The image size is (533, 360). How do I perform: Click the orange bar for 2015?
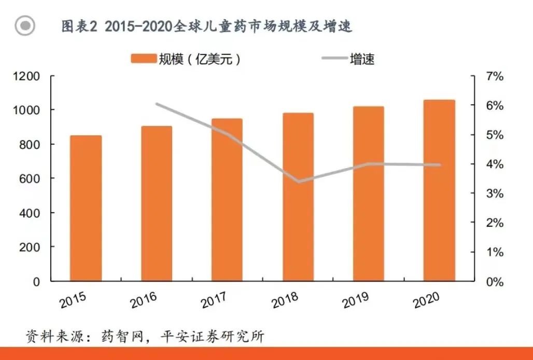click(x=86, y=208)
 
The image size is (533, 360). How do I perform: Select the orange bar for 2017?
click(x=227, y=200)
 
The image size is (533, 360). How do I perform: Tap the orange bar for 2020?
click(x=439, y=190)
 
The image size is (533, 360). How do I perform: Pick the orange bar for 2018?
click(x=298, y=197)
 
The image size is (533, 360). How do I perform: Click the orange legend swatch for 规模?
click(x=144, y=59)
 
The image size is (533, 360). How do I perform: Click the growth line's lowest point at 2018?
click(x=299, y=182)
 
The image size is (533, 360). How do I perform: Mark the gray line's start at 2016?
click(x=157, y=104)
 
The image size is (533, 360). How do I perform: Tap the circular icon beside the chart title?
click(x=25, y=25)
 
